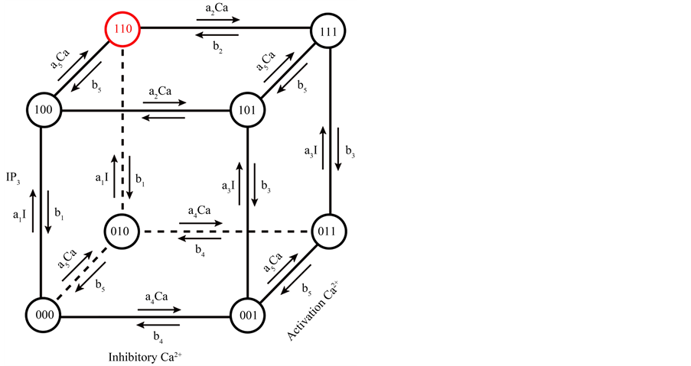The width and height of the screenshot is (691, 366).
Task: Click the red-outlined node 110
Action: pos(122,31)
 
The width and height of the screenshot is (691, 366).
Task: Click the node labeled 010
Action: pos(122,230)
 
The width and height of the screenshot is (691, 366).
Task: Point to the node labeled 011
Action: pos(329,230)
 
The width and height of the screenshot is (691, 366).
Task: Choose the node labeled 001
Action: pos(249,313)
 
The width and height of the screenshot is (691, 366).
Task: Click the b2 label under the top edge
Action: pos(218,47)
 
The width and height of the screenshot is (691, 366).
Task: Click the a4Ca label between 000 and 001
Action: pos(155,297)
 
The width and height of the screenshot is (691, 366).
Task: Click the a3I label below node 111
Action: pos(309,151)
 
